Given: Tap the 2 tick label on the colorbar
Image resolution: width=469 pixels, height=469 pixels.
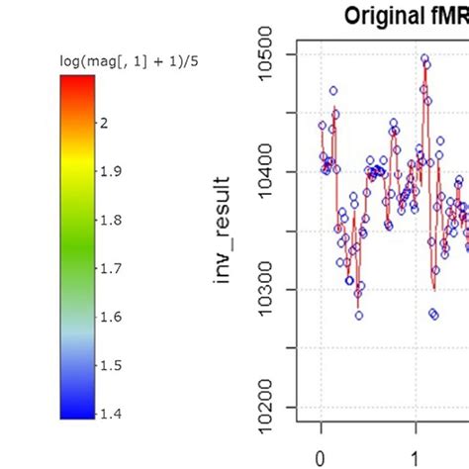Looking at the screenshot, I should [x=104, y=123].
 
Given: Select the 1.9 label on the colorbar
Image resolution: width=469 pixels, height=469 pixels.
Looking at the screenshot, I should [x=109, y=171].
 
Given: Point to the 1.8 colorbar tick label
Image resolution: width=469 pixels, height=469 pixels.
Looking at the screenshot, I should [x=109, y=220].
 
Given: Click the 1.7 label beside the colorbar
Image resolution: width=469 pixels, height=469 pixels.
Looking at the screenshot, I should [x=109, y=268].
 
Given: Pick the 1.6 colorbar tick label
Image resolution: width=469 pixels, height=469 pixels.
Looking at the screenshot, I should [x=109, y=317].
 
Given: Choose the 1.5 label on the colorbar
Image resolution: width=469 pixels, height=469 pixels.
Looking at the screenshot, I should [x=109, y=365].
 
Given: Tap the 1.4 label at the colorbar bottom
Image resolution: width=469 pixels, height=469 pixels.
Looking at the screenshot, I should [x=109, y=414].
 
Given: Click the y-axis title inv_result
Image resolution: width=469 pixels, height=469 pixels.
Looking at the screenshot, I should [x=227, y=230].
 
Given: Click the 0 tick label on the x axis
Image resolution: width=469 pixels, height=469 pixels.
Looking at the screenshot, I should [x=321, y=458].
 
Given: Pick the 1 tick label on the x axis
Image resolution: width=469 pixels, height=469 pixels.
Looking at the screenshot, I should [x=416, y=458].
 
